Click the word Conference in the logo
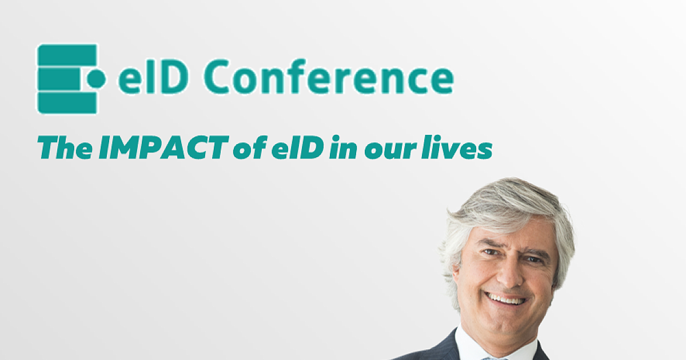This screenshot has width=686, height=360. point(329,76)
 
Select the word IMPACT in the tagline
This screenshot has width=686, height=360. point(163,147)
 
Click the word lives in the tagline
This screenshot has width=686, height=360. point(457,147)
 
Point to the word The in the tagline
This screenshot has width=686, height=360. point(65,147)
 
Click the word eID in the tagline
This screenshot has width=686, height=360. point(298,147)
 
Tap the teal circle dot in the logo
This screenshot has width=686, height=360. point(96,78)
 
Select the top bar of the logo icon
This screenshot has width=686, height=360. point(67,55)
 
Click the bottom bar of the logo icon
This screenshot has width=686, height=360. point(67,103)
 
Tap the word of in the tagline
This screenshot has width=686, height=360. point(250,147)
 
